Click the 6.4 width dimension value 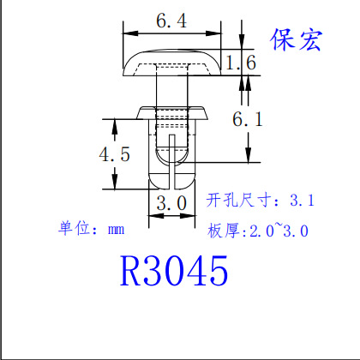point(171,21)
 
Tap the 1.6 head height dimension point(241,63)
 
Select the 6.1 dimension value point(248,119)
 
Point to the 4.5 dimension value point(114,154)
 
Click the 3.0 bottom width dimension point(171,203)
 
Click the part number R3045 point(174,271)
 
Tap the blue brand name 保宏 point(297,39)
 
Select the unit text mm point(117,230)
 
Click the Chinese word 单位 point(75,228)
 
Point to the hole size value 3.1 point(302,200)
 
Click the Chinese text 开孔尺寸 point(238,200)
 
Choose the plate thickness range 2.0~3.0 point(279,231)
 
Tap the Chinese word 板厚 point(224,231)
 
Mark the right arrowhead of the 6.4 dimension point(213,33)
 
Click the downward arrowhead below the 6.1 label point(248,155)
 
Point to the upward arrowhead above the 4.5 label point(115,126)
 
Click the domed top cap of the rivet point(172,63)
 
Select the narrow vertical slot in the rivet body point(171,162)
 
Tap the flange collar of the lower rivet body point(172,113)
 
